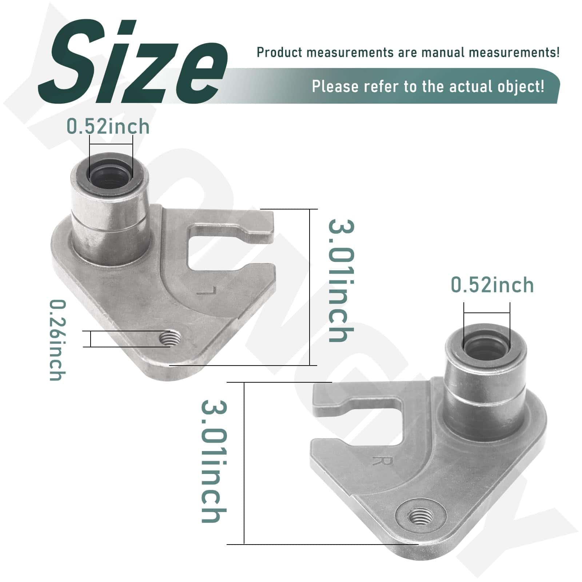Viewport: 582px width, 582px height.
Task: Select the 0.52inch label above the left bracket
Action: point(108,127)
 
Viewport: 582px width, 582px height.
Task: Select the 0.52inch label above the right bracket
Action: point(492,285)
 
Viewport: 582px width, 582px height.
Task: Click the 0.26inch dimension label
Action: point(57,340)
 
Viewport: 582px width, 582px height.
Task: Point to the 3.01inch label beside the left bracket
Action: point(341,280)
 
